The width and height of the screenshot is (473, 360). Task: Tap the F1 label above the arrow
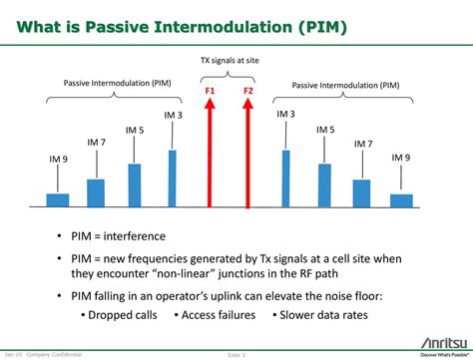click(210, 91)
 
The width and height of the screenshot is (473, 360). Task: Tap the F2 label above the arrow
click(248, 91)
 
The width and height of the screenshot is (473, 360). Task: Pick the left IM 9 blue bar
click(58, 199)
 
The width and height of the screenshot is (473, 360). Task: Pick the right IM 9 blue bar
click(401, 199)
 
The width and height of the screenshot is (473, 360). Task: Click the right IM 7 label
click(362, 145)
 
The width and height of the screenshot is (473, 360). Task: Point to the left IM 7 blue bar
click(96, 192)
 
